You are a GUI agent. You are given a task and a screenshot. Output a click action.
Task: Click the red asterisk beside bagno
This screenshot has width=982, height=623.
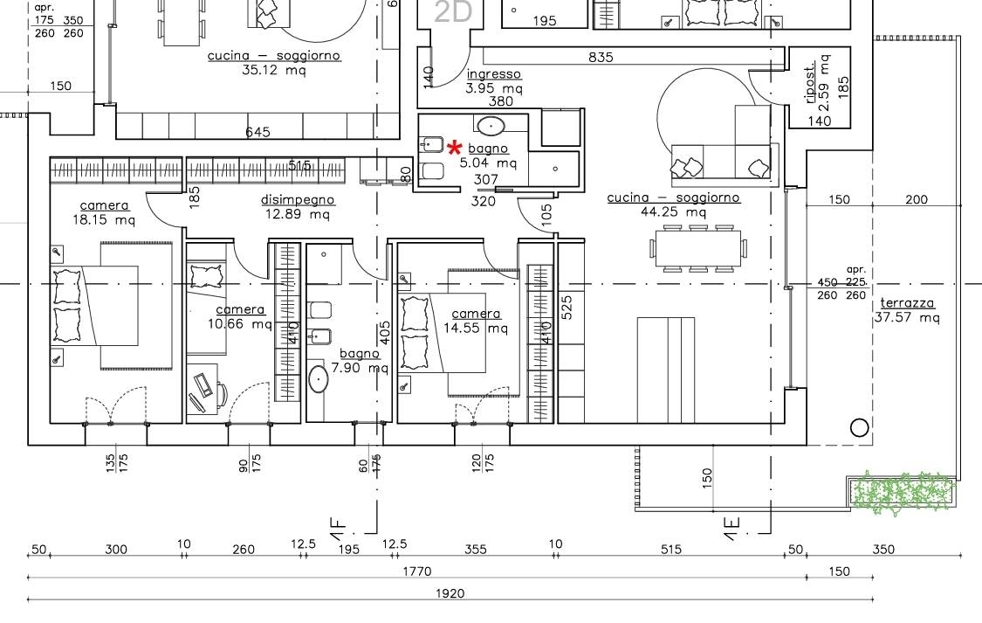pos(455,148)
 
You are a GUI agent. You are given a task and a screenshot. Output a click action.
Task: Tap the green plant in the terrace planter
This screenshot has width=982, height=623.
pos(904,492)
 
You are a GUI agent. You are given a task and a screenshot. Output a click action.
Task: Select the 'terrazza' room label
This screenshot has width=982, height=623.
pos(907,303)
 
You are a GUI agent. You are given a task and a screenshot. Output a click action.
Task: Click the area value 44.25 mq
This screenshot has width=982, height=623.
pos(673,211)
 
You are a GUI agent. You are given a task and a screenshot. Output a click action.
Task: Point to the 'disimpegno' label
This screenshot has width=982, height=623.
pos(298,201)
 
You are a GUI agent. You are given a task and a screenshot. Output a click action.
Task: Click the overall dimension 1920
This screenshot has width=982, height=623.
pos(450,593)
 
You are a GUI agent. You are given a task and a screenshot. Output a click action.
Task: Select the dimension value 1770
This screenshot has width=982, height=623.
pos(417,571)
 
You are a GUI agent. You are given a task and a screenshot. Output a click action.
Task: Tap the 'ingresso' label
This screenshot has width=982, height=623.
pos(493,74)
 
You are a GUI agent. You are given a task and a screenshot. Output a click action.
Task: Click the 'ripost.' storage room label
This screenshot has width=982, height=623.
pos(810,82)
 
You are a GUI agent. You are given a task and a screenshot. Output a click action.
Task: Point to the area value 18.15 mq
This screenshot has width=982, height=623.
pos(103,219)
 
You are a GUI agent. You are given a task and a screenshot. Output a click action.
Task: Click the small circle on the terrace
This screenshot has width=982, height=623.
pos(859,428)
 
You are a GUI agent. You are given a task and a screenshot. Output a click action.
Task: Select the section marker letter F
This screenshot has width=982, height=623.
pos(338,524)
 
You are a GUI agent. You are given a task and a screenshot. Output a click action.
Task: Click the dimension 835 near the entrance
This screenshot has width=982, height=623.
pos(601,57)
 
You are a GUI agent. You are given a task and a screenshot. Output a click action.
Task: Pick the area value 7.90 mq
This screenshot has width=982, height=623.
pos(360,367)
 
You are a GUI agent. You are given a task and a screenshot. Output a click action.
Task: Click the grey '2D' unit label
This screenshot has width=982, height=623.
pos(452,12)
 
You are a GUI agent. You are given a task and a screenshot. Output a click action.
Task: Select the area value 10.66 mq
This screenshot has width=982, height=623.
pos(240,324)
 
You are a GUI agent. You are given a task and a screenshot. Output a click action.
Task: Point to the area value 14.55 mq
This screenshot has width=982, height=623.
pos(476,328)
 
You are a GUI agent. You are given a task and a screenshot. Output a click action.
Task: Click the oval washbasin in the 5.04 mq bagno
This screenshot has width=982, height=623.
pos(491,125)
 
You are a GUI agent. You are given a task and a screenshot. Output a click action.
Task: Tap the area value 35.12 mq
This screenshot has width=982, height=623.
pos(274,70)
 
